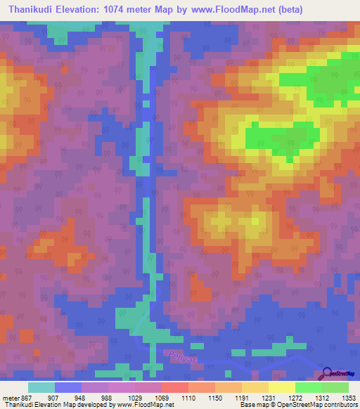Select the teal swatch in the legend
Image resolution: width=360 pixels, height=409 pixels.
click(41, 387)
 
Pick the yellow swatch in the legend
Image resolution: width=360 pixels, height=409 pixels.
click(281, 387)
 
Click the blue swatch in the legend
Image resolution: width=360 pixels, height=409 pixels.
click(68, 387)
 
